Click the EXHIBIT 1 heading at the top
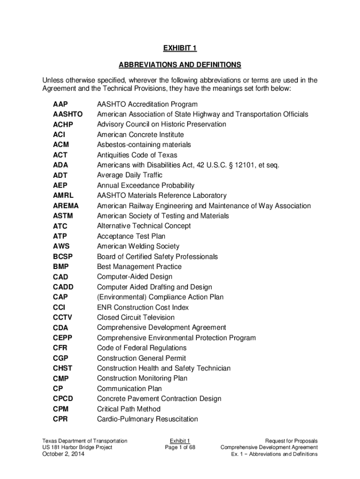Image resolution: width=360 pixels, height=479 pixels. tap(180, 48)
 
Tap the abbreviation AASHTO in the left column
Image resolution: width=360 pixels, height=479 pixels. tap(68, 114)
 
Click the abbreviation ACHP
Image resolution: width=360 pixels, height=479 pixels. tap(63, 124)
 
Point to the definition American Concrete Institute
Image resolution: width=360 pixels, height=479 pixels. tap(140, 135)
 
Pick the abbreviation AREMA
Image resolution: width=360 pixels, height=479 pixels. tap(66, 206)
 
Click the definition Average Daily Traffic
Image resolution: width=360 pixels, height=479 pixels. tap(130, 175)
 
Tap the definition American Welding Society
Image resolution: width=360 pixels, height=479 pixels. tap(138, 247)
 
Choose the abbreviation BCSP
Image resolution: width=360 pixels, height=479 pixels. tap(63, 257)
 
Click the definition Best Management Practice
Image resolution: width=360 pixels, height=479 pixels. tap(139, 267)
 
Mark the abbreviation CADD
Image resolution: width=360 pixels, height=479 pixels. tap(63, 287)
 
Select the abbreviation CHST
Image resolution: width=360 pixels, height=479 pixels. tap(63, 369)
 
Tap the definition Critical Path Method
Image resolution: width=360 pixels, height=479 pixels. tap(129, 409)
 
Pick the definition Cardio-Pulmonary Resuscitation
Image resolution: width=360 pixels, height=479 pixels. tap(147, 419)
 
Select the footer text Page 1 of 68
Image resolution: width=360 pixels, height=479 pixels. tap(180, 448)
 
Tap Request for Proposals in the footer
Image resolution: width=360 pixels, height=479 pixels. tap(291, 441)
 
